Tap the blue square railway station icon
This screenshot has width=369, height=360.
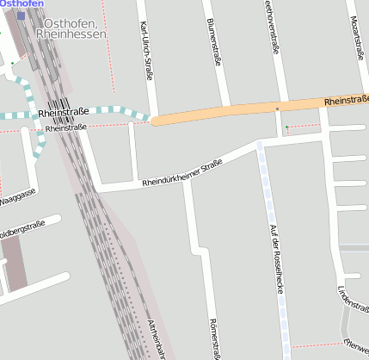[21, 16]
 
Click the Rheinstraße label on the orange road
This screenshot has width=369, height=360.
[346, 102]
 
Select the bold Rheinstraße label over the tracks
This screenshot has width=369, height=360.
[63, 113]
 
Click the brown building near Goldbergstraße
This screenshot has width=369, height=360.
[15, 263]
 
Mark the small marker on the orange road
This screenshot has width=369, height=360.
[277, 109]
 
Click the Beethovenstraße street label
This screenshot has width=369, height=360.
[273, 34]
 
